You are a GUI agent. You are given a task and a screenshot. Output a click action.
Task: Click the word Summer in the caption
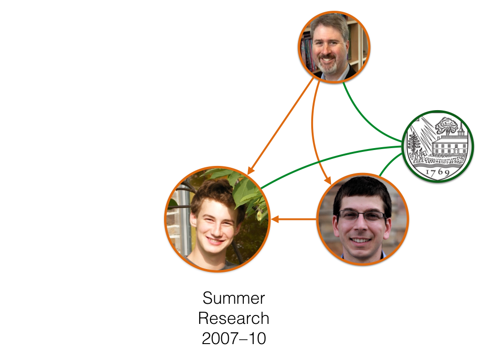tap(233, 299)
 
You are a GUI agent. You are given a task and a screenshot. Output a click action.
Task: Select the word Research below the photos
tap(233, 318)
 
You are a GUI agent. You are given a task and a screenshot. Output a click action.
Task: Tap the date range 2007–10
tap(233, 338)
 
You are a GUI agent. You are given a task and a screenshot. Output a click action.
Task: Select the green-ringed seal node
tap(438, 146)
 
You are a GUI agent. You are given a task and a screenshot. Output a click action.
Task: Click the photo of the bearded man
tap(334, 47)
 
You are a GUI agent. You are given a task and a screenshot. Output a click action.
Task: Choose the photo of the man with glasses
tap(362, 219)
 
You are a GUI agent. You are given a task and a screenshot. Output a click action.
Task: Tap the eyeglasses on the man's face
tap(362, 216)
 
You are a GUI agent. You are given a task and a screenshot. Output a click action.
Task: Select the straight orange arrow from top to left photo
tap(281, 124)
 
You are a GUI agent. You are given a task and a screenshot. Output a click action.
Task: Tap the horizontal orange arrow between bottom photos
tap(295, 219)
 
